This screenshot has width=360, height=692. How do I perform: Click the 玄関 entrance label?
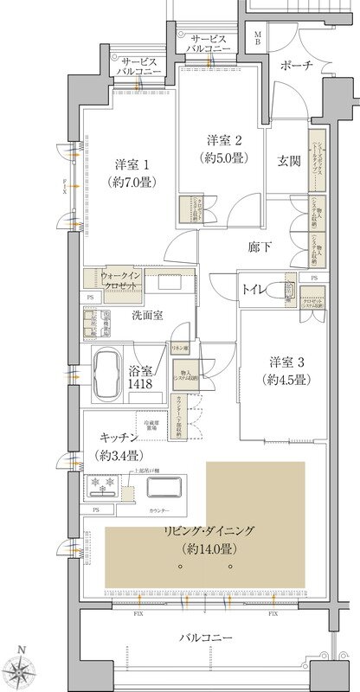287,159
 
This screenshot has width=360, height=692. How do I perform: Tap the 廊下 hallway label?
261,247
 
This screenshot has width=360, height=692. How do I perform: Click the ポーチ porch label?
296,66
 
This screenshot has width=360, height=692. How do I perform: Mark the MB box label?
258,37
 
